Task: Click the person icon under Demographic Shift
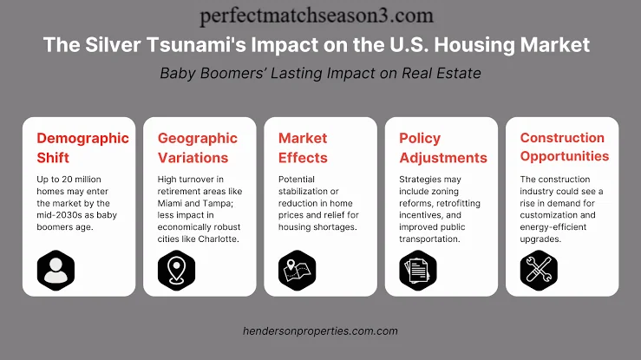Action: pyautogui.click(x=56, y=271)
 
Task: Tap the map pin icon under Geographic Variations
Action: pyautogui.click(x=177, y=271)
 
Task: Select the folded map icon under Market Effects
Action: pyautogui.click(x=298, y=271)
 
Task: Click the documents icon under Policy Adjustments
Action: pyautogui.click(x=418, y=271)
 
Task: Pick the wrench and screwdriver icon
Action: pyautogui.click(x=539, y=271)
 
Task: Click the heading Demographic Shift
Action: pyautogui.click(x=82, y=147)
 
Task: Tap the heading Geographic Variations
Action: pyautogui.click(x=198, y=147)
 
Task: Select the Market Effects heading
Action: pyautogui.click(x=303, y=147)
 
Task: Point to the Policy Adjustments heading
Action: pyautogui.click(x=443, y=147)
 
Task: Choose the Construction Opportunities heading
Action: pyautogui.click(x=565, y=147)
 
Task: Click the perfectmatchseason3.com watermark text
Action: pyautogui.click(x=317, y=16)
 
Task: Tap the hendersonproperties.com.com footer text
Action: pyautogui.click(x=320, y=331)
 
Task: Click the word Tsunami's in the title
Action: pyautogui.click(x=196, y=44)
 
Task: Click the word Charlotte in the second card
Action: pyautogui.click(x=219, y=239)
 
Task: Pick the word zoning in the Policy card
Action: pyautogui.click(x=444, y=191)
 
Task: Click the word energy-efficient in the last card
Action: pyautogui.click(x=553, y=227)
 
